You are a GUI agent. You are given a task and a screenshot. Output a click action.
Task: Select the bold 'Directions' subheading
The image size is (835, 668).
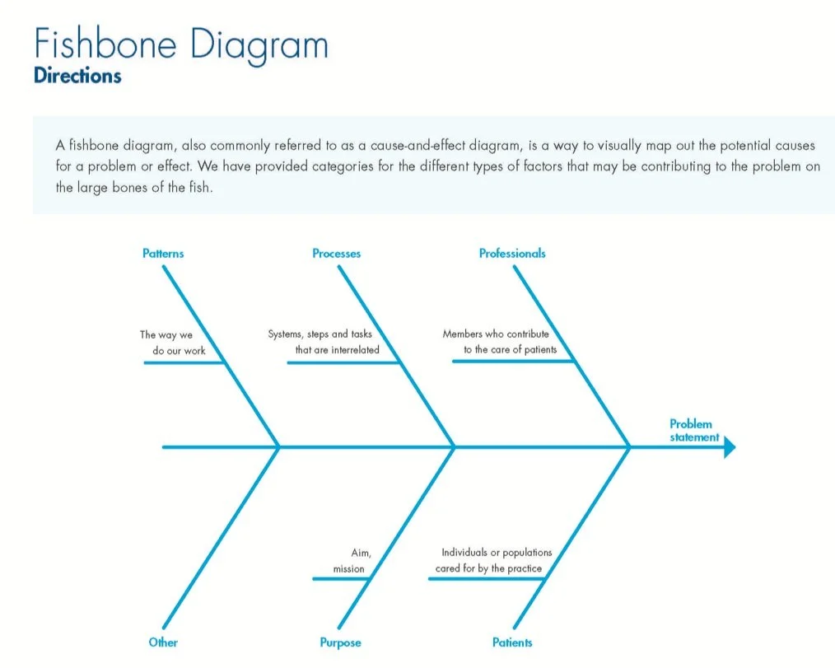coord(77,76)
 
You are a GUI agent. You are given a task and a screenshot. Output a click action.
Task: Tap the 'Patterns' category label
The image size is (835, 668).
coord(163,254)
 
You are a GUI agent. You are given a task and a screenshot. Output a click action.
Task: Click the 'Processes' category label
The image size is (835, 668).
coord(336,254)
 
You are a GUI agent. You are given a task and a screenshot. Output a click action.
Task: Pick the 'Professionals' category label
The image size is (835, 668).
coord(512,254)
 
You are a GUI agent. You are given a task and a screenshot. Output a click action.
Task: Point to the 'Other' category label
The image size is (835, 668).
coord(163,642)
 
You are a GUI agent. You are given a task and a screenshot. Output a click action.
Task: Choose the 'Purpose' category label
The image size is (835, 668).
coord(340,642)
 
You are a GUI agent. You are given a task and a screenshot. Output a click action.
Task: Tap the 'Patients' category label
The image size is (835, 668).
coord(512,642)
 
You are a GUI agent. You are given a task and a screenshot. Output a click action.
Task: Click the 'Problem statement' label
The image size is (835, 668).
coord(693,431)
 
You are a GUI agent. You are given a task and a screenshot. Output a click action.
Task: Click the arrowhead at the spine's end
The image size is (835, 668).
coord(729,447)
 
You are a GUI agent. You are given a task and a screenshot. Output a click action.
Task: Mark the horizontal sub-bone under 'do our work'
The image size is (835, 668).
coord(184,362)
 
